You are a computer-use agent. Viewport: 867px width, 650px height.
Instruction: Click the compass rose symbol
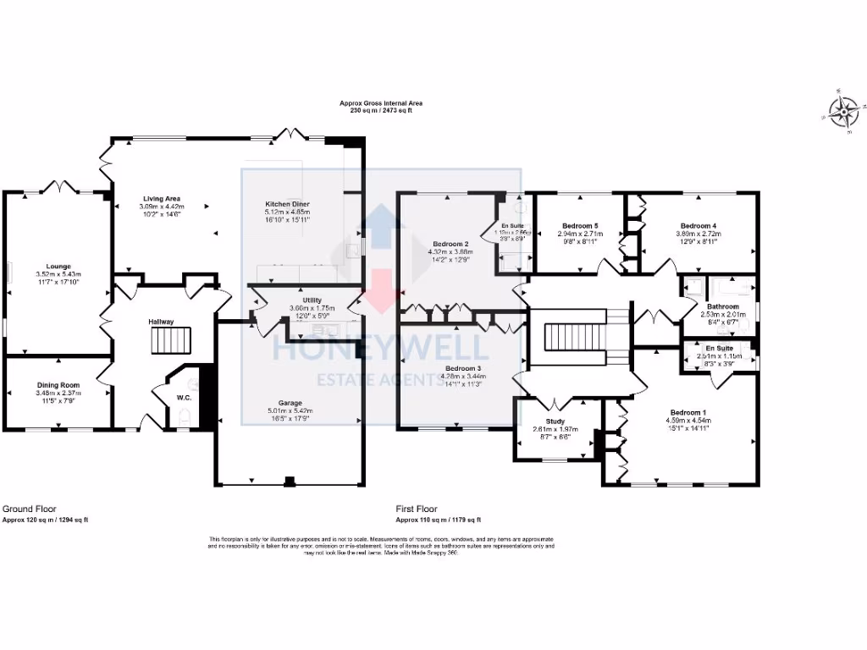[844, 111]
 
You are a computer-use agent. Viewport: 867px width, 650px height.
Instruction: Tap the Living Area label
[160, 199]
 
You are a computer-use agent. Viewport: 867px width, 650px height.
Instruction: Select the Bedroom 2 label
[450, 245]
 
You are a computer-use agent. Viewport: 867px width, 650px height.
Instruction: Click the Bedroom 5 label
[579, 225]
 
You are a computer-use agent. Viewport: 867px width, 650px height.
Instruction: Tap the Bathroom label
[723, 307]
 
